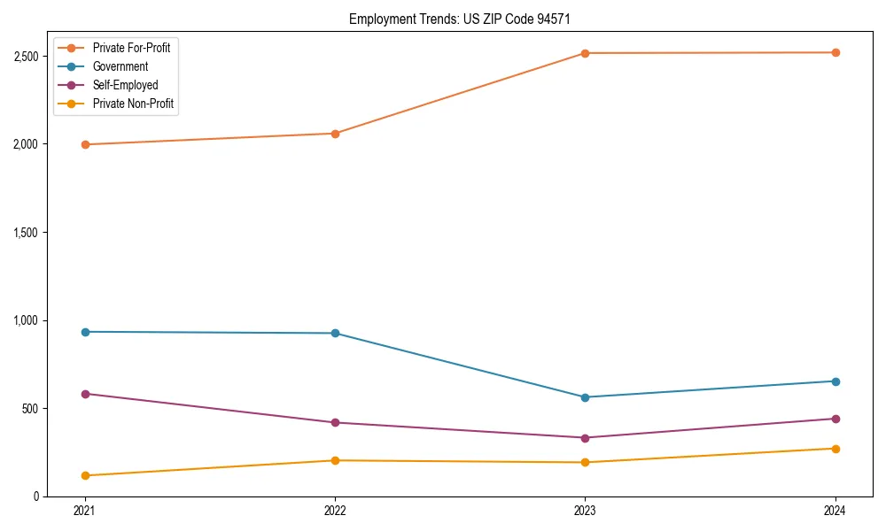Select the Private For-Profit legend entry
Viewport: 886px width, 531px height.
tap(131, 48)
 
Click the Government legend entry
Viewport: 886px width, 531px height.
tap(120, 66)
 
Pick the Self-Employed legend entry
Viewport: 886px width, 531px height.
tap(125, 85)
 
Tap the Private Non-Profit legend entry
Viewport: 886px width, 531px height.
tap(133, 104)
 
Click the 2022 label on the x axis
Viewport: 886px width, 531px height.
tap(335, 511)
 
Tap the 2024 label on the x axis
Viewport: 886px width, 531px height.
tap(835, 511)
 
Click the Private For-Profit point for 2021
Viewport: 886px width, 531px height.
tap(85, 144)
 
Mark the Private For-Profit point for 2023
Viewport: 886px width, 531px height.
tap(585, 53)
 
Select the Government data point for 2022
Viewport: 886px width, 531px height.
tap(335, 333)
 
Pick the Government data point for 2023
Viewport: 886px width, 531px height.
tap(585, 397)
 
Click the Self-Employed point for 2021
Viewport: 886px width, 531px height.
tap(85, 394)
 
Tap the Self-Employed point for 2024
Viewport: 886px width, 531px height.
tap(835, 419)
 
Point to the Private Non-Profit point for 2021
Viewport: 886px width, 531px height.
tap(85, 475)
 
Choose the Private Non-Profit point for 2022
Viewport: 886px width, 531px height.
tap(335, 460)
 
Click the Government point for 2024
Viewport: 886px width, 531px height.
tap(835, 381)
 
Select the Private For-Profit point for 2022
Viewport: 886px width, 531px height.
tap(335, 134)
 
